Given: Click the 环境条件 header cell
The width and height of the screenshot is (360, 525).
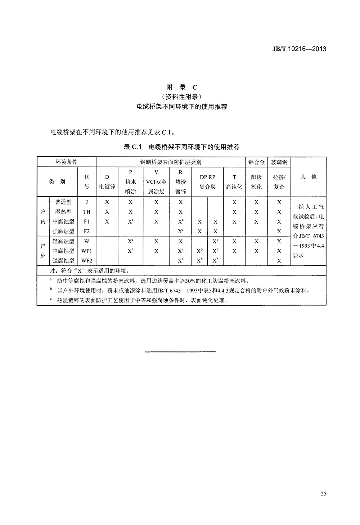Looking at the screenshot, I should tap(66, 162).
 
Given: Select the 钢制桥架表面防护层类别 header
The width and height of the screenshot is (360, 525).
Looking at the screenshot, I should tap(171, 162).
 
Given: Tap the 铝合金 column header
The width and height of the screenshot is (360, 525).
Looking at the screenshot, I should tap(256, 162).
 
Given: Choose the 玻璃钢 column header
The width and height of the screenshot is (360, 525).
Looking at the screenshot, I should tap(279, 162).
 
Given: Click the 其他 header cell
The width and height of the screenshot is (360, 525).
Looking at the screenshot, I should tap(308, 176).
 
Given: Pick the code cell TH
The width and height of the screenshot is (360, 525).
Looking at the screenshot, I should tap(87, 212).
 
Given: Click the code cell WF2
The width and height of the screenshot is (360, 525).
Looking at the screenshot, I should tap(87, 261).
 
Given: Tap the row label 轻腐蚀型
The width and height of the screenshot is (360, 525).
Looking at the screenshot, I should tap(63, 241).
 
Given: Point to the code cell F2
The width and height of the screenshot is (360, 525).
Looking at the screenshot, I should tap(87, 232).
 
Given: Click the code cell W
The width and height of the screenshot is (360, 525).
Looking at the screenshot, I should tap(87, 241).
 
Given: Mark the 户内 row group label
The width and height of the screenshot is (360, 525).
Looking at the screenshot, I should tap(43, 216).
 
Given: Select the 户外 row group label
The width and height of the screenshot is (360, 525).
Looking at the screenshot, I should tap(43, 251).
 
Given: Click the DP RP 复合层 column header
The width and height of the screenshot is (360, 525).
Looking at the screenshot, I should tap(207, 182).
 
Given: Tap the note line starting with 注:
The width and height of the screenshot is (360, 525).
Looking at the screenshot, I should tap(89, 271).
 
